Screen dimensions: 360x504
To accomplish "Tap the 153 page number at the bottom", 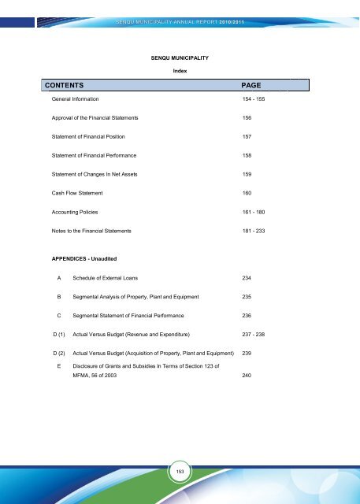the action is tap(180, 471).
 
